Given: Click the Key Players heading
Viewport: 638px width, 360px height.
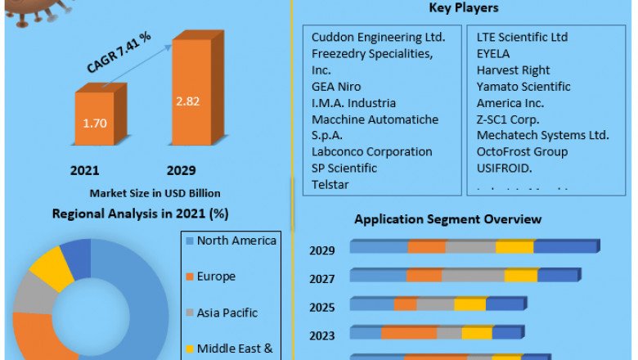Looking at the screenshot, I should click(x=464, y=8).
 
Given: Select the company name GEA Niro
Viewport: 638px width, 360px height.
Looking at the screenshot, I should click(x=336, y=86).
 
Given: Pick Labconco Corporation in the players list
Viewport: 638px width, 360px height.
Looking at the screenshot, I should click(x=371, y=151).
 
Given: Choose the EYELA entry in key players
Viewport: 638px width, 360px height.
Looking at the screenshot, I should click(x=493, y=53).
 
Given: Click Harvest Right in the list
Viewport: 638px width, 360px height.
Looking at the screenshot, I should click(x=514, y=70).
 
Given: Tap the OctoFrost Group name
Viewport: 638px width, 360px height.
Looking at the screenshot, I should click(x=522, y=151).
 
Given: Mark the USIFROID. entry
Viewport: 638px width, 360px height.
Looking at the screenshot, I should click(x=505, y=168).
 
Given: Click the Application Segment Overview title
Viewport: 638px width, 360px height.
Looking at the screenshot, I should click(x=447, y=219).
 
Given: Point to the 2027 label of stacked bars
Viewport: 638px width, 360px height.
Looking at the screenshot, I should click(x=322, y=279).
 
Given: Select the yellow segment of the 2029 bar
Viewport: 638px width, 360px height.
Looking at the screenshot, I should click(x=514, y=247).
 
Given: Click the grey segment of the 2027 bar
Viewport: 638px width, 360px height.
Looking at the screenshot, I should click(x=473, y=276).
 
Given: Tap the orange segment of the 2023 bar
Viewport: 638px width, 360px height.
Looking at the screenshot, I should click(x=409, y=332).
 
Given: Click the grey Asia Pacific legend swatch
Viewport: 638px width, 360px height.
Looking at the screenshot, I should click(x=189, y=313).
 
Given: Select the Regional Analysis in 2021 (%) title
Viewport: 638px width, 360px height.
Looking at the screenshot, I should click(x=140, y=214).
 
